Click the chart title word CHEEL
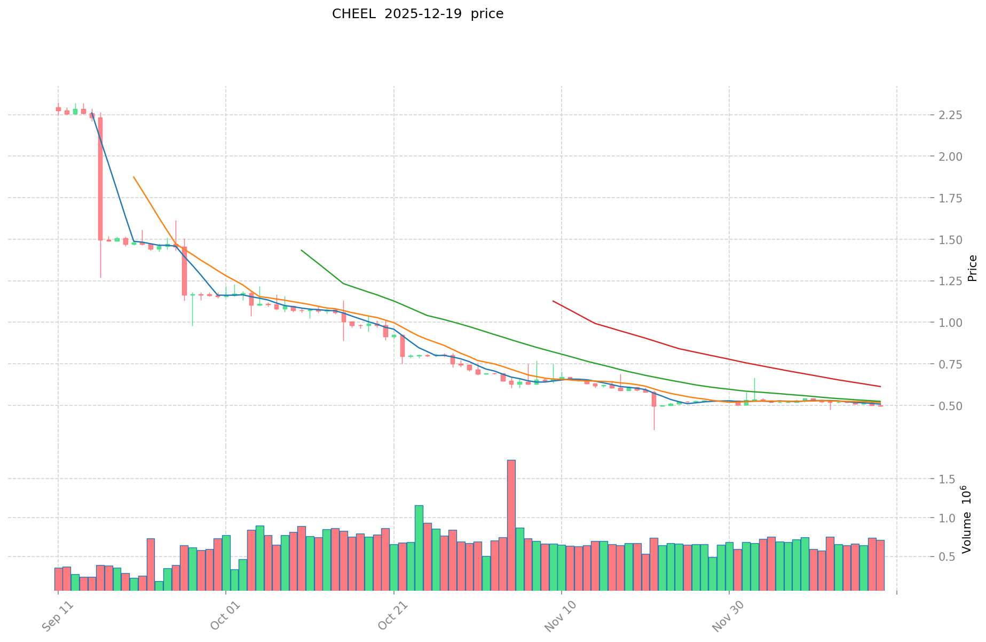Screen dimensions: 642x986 pyautogui.click(x=349, y=14)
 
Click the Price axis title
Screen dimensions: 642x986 pyautogui.click(x=972, y=268)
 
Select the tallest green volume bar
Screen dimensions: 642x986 pyautogui.click(x=419, y=547)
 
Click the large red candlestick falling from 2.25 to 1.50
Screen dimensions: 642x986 pyautogui.click(x=100, y=179)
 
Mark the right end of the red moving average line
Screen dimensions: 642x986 pyautogui.click(x=880, y=386)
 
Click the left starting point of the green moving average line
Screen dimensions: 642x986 pyautogui.click(x=302, y=250)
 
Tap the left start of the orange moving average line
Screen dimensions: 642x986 pyautogui.click(x=133, y=177)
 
